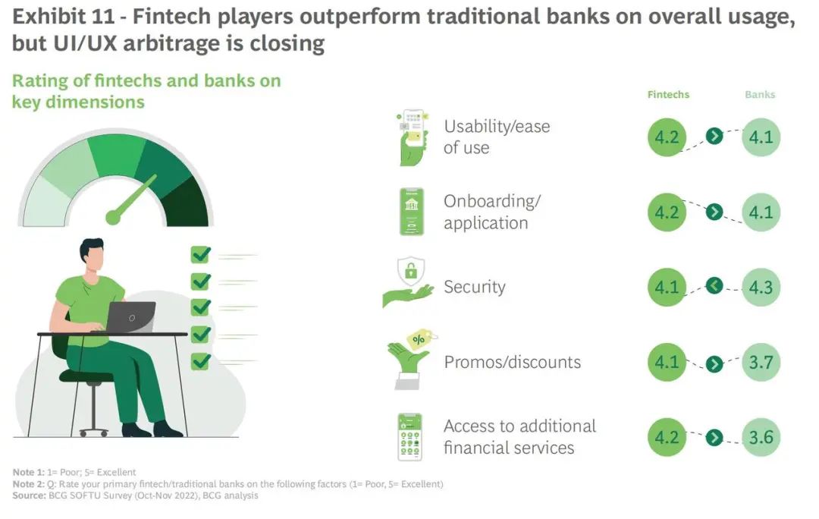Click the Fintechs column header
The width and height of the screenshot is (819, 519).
pyautogui.click(x=668, y=95)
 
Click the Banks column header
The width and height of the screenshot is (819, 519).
pyautogui.click(x=760, y=95)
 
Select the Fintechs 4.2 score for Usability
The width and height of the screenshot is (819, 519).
pyautogui.click(x=667, y=137)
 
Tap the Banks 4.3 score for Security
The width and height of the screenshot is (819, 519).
pyautogui.click(x=761, y=287)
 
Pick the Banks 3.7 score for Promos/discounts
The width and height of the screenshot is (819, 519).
pyautogui.click(x=761, y=362)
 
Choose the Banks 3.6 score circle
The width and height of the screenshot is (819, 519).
pyautogui.click(x=761, y=437)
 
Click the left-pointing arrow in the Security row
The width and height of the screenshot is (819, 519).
pyautogui.click(x=714, y=285)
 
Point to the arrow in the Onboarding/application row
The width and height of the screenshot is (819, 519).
pyautogui.click(x=714, y=212)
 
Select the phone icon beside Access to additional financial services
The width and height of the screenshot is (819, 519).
pyautogui.click(x=410, y=437)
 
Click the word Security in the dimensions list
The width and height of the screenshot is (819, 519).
pyautogui.click(x=474, y=287)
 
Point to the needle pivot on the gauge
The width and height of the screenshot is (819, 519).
pyautogui.click(x=113, y=218)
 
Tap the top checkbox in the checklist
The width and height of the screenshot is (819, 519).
pyautogui.click(x=201, y=254)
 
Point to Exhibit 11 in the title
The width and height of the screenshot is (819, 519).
pyautogui.click(x=63, y=17)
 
